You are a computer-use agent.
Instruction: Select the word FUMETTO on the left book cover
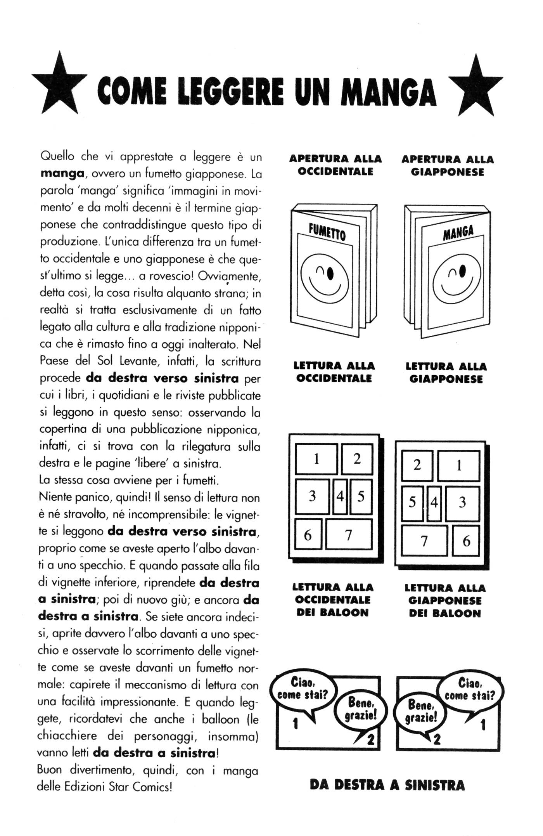click(x=327, y=232)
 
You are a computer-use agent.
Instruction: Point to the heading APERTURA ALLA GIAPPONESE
click(x=448, y=166)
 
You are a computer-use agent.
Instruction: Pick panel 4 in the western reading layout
click(x=340, y=497)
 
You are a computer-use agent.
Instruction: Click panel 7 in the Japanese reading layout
click(x=424, y=541)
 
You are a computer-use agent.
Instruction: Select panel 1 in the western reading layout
click(x=316, y=460)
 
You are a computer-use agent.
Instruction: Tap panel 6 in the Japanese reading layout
click(x=466, y=541)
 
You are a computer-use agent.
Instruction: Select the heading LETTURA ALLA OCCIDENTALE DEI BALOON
click(x=333, y=600)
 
